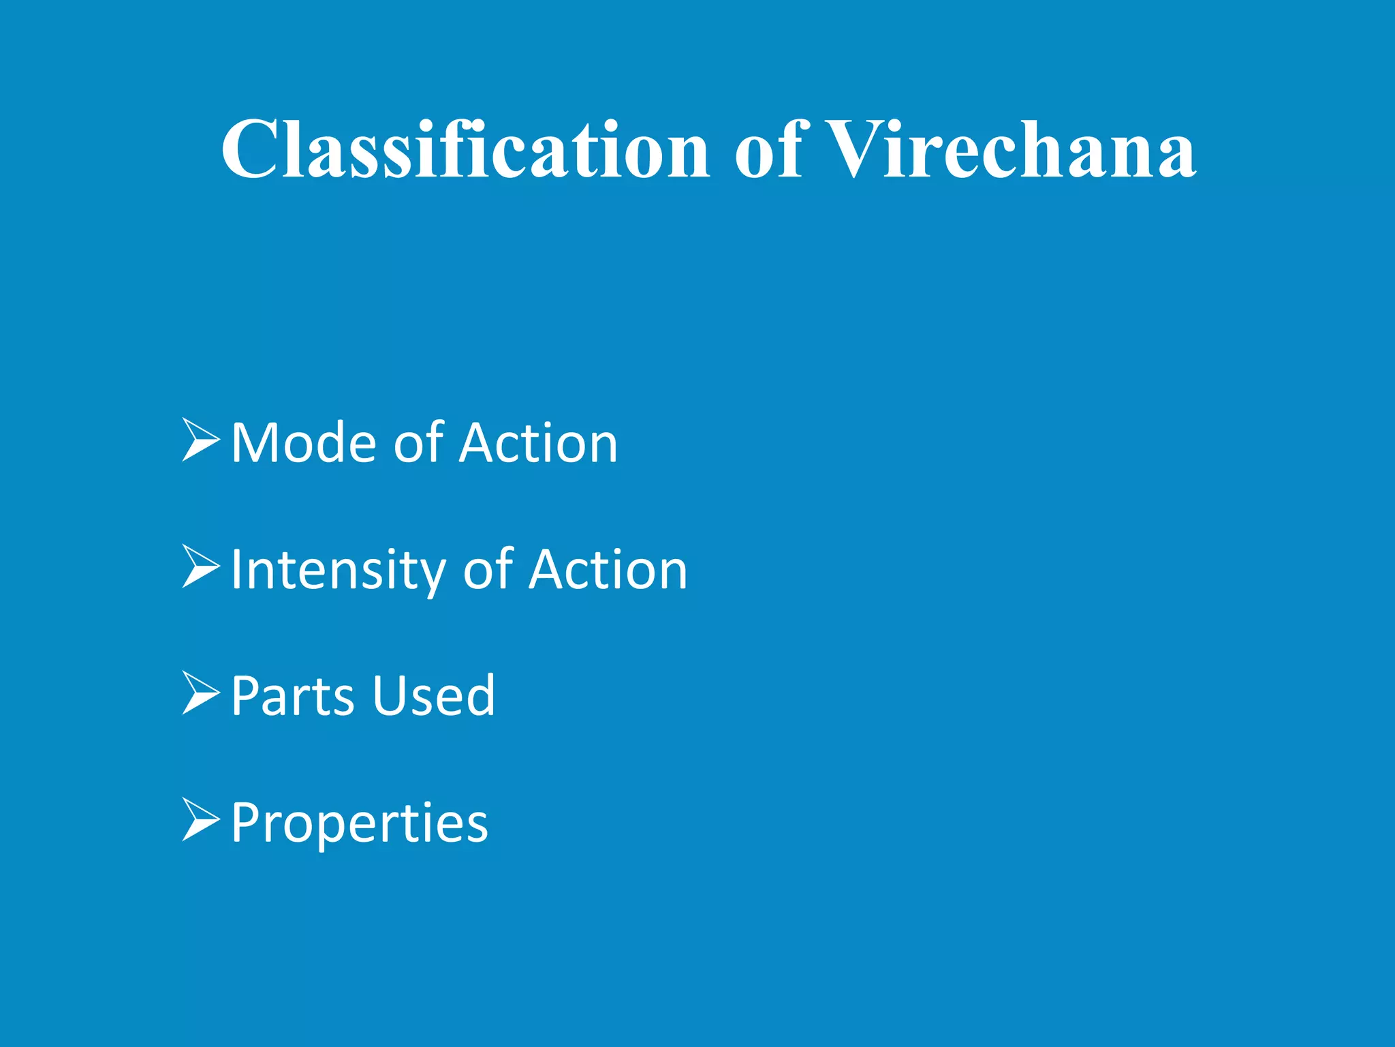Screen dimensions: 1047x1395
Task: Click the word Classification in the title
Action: coord(465,149)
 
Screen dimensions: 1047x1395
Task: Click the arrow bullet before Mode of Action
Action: coord(200,441)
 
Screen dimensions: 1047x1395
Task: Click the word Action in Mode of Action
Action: coord(538,444)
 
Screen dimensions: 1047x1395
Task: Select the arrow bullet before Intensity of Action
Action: coord(200,567)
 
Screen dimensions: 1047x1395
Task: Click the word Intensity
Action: coord(338,571)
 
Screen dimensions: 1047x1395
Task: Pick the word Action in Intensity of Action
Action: coord(608,571)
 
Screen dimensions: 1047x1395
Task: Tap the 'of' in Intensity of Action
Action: coord(488,571)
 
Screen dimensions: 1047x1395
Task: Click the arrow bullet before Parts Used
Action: coord(200,693)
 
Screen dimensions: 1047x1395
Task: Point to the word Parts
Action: coord(292,696)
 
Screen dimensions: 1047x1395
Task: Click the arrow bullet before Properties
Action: coord(200,819)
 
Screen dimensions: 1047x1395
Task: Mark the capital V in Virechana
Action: coord(856,149)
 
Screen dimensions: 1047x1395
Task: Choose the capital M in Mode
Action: coord(255,444)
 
